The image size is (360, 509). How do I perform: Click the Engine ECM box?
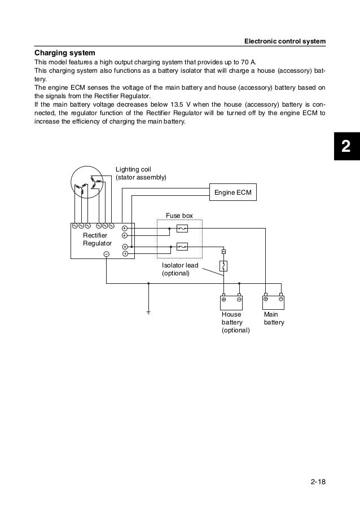[233, 193]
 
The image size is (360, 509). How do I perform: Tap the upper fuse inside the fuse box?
[182, 229]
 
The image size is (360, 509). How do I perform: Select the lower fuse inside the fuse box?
[182, 247]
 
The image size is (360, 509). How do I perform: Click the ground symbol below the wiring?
[148, 311]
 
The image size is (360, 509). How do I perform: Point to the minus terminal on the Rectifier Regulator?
[106, 254]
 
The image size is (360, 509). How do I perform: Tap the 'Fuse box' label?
[179, 215]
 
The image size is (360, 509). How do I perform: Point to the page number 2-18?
[319, 481]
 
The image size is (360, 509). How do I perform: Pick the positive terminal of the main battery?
[266, 299]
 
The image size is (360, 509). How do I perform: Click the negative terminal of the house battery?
[239, 299]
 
